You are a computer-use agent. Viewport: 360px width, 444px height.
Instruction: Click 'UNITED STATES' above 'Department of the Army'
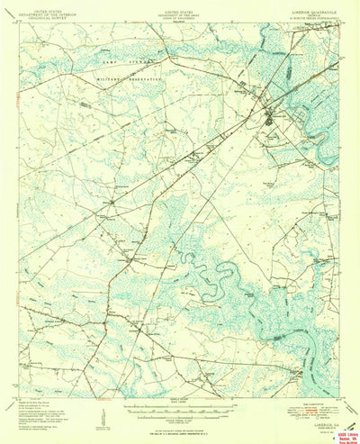tap(178, 5)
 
